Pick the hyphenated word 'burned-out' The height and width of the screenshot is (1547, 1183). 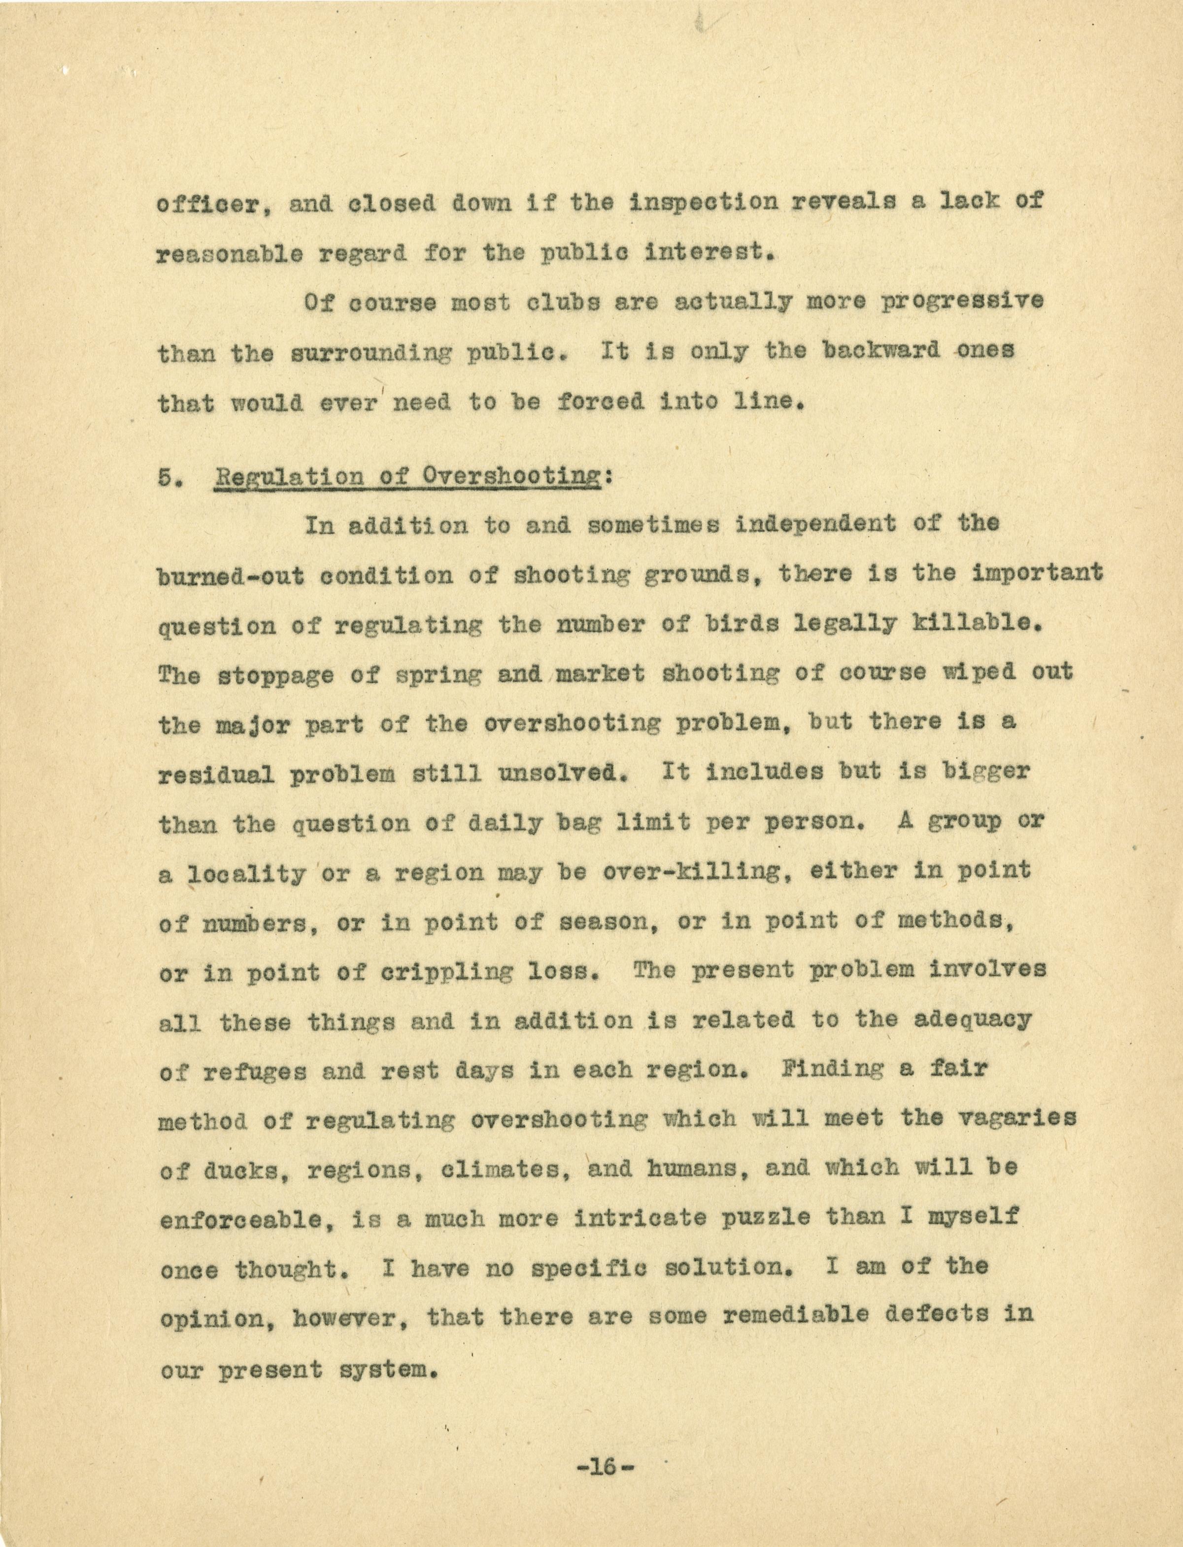pos(231,575)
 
